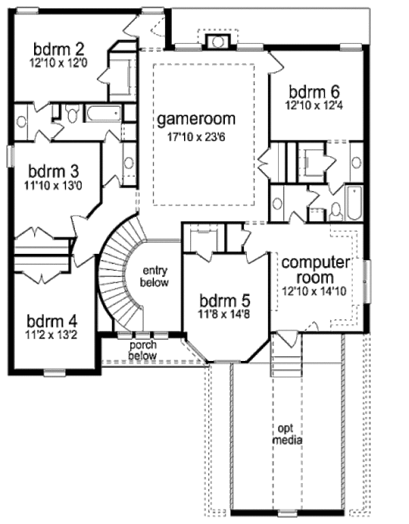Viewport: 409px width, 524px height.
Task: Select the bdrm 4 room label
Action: [x=52, y=320]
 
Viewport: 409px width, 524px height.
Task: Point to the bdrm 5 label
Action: [x=225, y=300]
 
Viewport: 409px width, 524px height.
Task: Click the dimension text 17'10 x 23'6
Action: [x=196, y=135]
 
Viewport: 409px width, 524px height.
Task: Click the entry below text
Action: [x=153, y=276]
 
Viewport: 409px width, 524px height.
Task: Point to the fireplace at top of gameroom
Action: [x=218, y=42]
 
